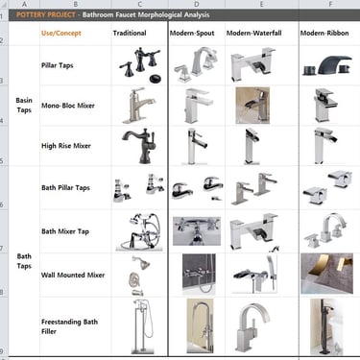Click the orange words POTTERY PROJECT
point(46,14)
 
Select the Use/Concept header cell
point(61,34)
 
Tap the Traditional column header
point(130,33)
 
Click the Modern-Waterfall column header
point(254,33)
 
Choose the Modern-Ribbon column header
point(324,33)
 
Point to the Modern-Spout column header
point(192,33)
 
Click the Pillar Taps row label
point(58,65)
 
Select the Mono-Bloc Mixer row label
point(68,106)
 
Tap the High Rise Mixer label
point(66,146)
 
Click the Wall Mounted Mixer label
point(73,276)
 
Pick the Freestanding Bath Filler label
point(69,326)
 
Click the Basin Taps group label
point(24,106)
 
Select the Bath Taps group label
point(24,261)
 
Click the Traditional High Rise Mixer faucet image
point(139,146)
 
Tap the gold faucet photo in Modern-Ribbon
point(326,274)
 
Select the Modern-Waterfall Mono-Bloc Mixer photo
point(252,106)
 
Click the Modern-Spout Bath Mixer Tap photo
point(197,231)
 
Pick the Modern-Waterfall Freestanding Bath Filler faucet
point(252,326)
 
